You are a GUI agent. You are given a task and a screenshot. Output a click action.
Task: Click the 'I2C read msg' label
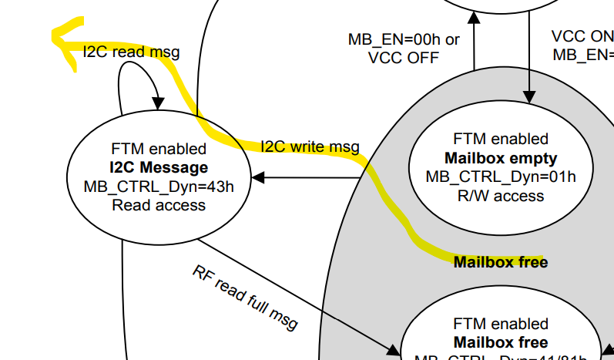131,52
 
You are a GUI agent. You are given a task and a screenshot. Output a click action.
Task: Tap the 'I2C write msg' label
309,146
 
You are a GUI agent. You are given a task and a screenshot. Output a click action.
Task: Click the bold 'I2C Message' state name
158,167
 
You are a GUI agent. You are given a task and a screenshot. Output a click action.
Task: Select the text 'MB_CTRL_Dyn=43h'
158,186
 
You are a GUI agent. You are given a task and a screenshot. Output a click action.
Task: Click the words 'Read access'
158,204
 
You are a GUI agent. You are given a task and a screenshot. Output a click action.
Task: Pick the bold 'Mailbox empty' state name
501,158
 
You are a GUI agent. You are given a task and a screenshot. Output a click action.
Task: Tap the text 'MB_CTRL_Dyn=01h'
501,177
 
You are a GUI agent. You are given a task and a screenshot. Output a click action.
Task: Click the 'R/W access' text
501,195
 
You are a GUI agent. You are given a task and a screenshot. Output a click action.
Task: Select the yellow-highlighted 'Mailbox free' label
501,262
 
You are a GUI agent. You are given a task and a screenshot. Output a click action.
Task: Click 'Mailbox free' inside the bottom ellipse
501,341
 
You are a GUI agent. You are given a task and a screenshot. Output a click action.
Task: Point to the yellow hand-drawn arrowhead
59,35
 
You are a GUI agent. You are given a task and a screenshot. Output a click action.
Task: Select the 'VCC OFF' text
403,58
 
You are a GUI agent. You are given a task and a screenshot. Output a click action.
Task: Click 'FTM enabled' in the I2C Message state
158,149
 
